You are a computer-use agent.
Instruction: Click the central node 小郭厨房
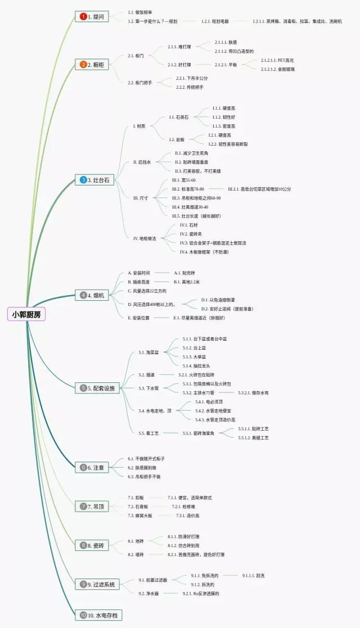(26, 315)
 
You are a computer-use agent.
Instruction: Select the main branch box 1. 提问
(92, 17)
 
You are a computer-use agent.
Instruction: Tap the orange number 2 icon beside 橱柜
(83, 65)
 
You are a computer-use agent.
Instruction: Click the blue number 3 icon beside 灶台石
(83, 180)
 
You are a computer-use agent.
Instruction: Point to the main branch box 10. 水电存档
(98, 616)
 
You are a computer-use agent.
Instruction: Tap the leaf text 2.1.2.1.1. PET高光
(277, 60)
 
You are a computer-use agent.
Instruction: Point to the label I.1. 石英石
(179, 117)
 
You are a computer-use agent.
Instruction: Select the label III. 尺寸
(141, 198)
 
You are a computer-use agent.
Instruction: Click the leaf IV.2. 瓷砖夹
(191, 234)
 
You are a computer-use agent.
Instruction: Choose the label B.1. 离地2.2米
(187, 282)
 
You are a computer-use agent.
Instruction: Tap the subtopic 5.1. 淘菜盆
(149, 353)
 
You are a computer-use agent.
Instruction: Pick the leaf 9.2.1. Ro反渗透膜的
(200, 594)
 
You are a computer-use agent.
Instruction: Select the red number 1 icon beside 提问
(83, 17)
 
